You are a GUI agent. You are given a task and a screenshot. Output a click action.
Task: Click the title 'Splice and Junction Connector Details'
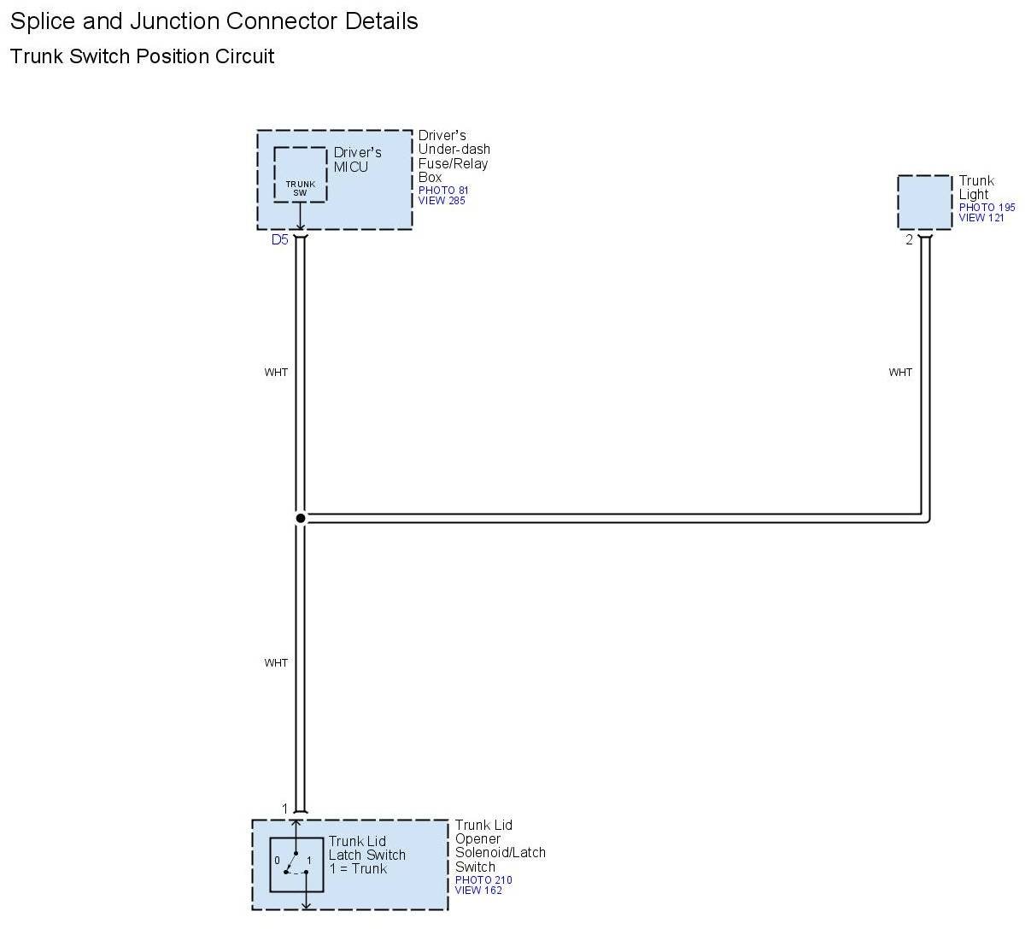click(x=214, y=21)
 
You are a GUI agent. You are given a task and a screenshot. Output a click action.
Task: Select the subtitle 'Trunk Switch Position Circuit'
click(x=142, y=57)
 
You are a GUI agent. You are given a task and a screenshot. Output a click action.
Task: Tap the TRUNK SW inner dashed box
click(x=300, y=175)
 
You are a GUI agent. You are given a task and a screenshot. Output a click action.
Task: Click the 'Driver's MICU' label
click(x=357, y=160)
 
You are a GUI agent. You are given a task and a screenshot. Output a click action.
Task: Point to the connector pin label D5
click(x=279, y=240)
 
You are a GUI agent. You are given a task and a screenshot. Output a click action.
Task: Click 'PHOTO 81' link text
click(x=443, y=191)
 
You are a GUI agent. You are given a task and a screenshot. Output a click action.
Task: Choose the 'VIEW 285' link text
click(x=442, y=201)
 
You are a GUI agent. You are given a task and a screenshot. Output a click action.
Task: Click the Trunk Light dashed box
click(x=924, y=203)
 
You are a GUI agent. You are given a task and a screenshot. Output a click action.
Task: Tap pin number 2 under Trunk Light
click(x=909, y=240)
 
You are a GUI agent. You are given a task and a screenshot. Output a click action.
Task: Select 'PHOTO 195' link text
click(x=987, y=208)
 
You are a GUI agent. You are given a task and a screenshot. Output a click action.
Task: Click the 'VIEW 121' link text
click(x=981, y=218)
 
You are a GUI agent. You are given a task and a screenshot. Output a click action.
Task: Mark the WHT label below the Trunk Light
click(x=900, y=373)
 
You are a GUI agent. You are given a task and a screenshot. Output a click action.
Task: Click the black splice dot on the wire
click(x=301, y=518)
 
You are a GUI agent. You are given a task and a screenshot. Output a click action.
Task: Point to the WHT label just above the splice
click(x=276, y=373)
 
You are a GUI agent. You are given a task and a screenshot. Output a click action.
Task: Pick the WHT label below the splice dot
click(x=276, y=663)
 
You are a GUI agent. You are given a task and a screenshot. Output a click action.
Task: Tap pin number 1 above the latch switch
click(x=285, y=808)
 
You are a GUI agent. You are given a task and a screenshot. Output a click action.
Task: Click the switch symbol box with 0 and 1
click(x=296, y=865)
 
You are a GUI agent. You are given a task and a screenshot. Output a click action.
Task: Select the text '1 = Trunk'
click(x=358, y=869)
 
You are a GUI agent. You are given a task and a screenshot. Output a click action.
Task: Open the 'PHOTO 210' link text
click(x=483, y=880)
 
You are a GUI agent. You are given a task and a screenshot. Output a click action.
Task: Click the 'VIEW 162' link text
click(x=478, y=891)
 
